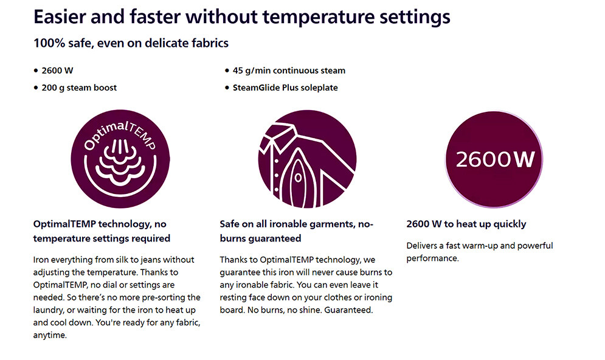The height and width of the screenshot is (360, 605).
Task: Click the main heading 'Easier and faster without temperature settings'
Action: [x=242, y=17]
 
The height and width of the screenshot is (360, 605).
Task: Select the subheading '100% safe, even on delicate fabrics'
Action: [x=131, y=43]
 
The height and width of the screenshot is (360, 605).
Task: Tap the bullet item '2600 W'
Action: [x=58, y=71]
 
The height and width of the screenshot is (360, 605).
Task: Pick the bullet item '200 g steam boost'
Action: [x=79, y=88]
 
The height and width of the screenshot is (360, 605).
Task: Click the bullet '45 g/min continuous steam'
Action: [x=289, y=71]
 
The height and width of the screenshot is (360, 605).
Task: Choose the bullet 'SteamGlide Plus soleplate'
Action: [x=285, y=88]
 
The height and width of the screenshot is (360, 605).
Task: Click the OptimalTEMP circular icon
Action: [x=120, y=159]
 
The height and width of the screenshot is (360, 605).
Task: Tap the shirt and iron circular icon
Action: [x=307, y=159]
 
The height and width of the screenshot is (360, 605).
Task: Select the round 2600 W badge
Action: [x=494, y=159]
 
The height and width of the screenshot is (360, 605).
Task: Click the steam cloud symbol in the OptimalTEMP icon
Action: [x=120, y=162]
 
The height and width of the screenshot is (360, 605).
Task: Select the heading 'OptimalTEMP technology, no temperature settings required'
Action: [x=102, y=231]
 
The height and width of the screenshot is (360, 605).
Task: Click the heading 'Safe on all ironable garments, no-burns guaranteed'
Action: [x=296, y=231]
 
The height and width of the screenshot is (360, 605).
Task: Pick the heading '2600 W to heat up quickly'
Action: [x=466, y=224]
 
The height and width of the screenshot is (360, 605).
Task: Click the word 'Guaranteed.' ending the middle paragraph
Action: [x=348, y=310]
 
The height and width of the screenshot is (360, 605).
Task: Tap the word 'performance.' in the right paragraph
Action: [x=432, y=258]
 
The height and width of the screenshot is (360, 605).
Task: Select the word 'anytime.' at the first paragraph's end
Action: [x=50, y=335]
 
